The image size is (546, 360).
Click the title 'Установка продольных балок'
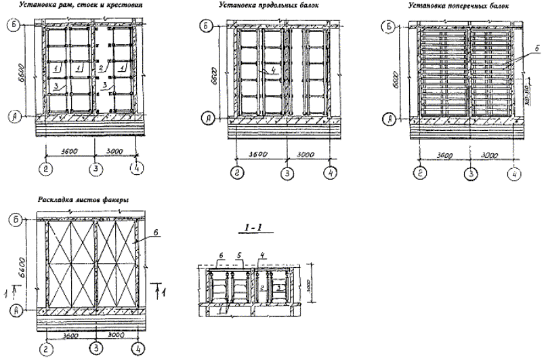pos(269,5)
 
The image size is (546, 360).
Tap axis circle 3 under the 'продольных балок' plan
pos(287,173)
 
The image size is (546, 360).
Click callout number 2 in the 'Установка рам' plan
pos(100,69)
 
